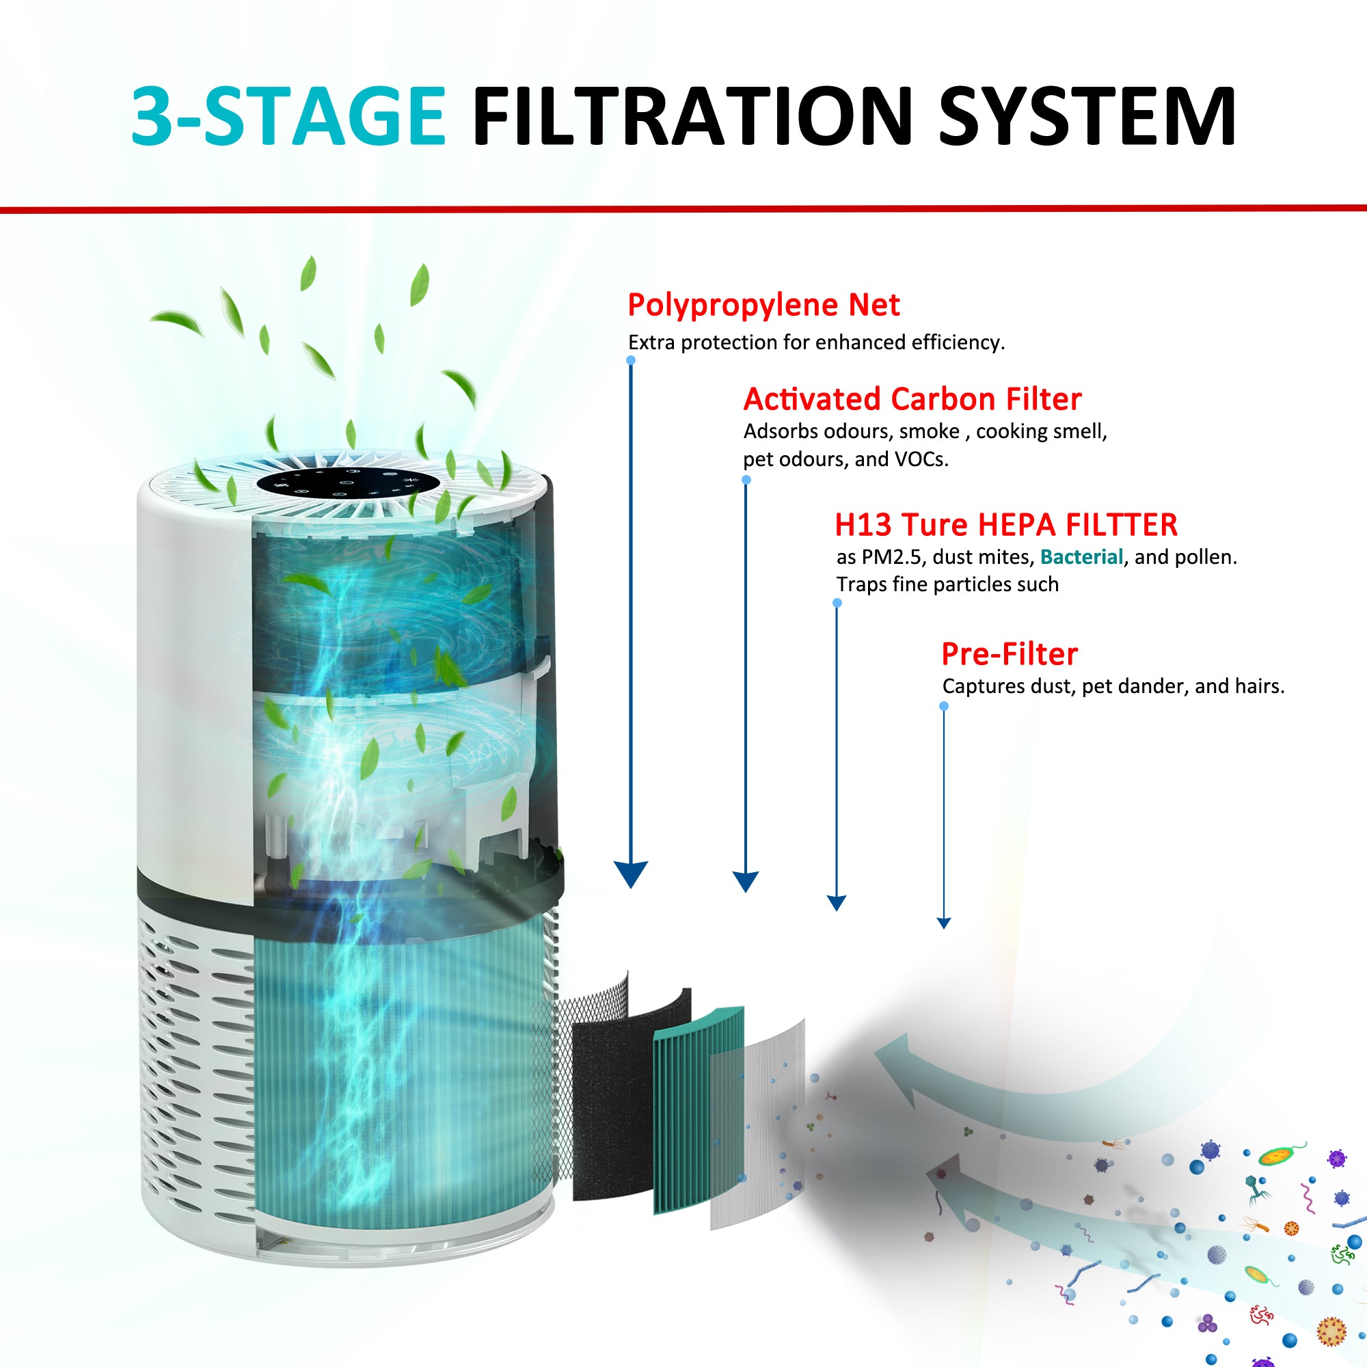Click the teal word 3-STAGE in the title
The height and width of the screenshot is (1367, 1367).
coord(288,117)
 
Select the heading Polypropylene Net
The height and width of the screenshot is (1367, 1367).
coord(763,306)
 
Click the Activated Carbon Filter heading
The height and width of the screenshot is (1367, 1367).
coord(912,400)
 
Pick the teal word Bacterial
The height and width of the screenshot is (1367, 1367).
coord(1081,558)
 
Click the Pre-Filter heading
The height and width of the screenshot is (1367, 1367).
coord(1009,655)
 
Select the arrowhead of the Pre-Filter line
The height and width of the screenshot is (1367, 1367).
coord(943,923)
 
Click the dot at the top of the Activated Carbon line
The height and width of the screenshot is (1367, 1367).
coord(746,480)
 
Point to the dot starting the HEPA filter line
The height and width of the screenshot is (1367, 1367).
coord(837,603)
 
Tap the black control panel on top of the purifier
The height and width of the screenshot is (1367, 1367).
coord(348,483)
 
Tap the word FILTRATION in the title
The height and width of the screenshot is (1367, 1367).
coord(692,117)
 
